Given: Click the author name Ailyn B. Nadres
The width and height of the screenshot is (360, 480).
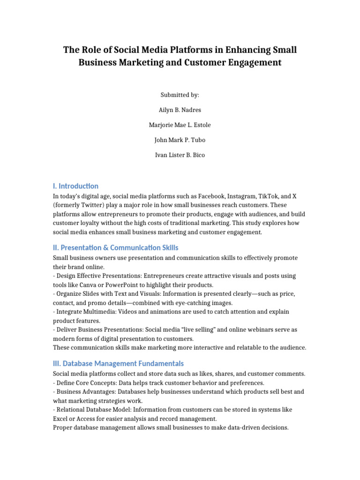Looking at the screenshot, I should coord(180,110).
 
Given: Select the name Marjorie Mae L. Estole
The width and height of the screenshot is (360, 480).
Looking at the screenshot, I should coord(180,125).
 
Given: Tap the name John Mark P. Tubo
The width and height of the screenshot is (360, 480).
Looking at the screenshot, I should coord(180,140).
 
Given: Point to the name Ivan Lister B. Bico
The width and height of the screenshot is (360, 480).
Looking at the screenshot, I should coord(180,155).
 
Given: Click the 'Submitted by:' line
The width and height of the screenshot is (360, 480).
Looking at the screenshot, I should coord(180,95).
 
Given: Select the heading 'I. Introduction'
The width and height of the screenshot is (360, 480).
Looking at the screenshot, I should coord(75,186).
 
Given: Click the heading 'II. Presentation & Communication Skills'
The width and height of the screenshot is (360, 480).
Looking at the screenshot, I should coord(115,247).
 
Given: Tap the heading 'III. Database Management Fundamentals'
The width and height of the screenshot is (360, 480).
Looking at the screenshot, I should coord(118,363).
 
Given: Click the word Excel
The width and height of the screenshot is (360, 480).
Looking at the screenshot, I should coord(61,419).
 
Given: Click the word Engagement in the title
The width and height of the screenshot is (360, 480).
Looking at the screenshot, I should coord(254,62).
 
